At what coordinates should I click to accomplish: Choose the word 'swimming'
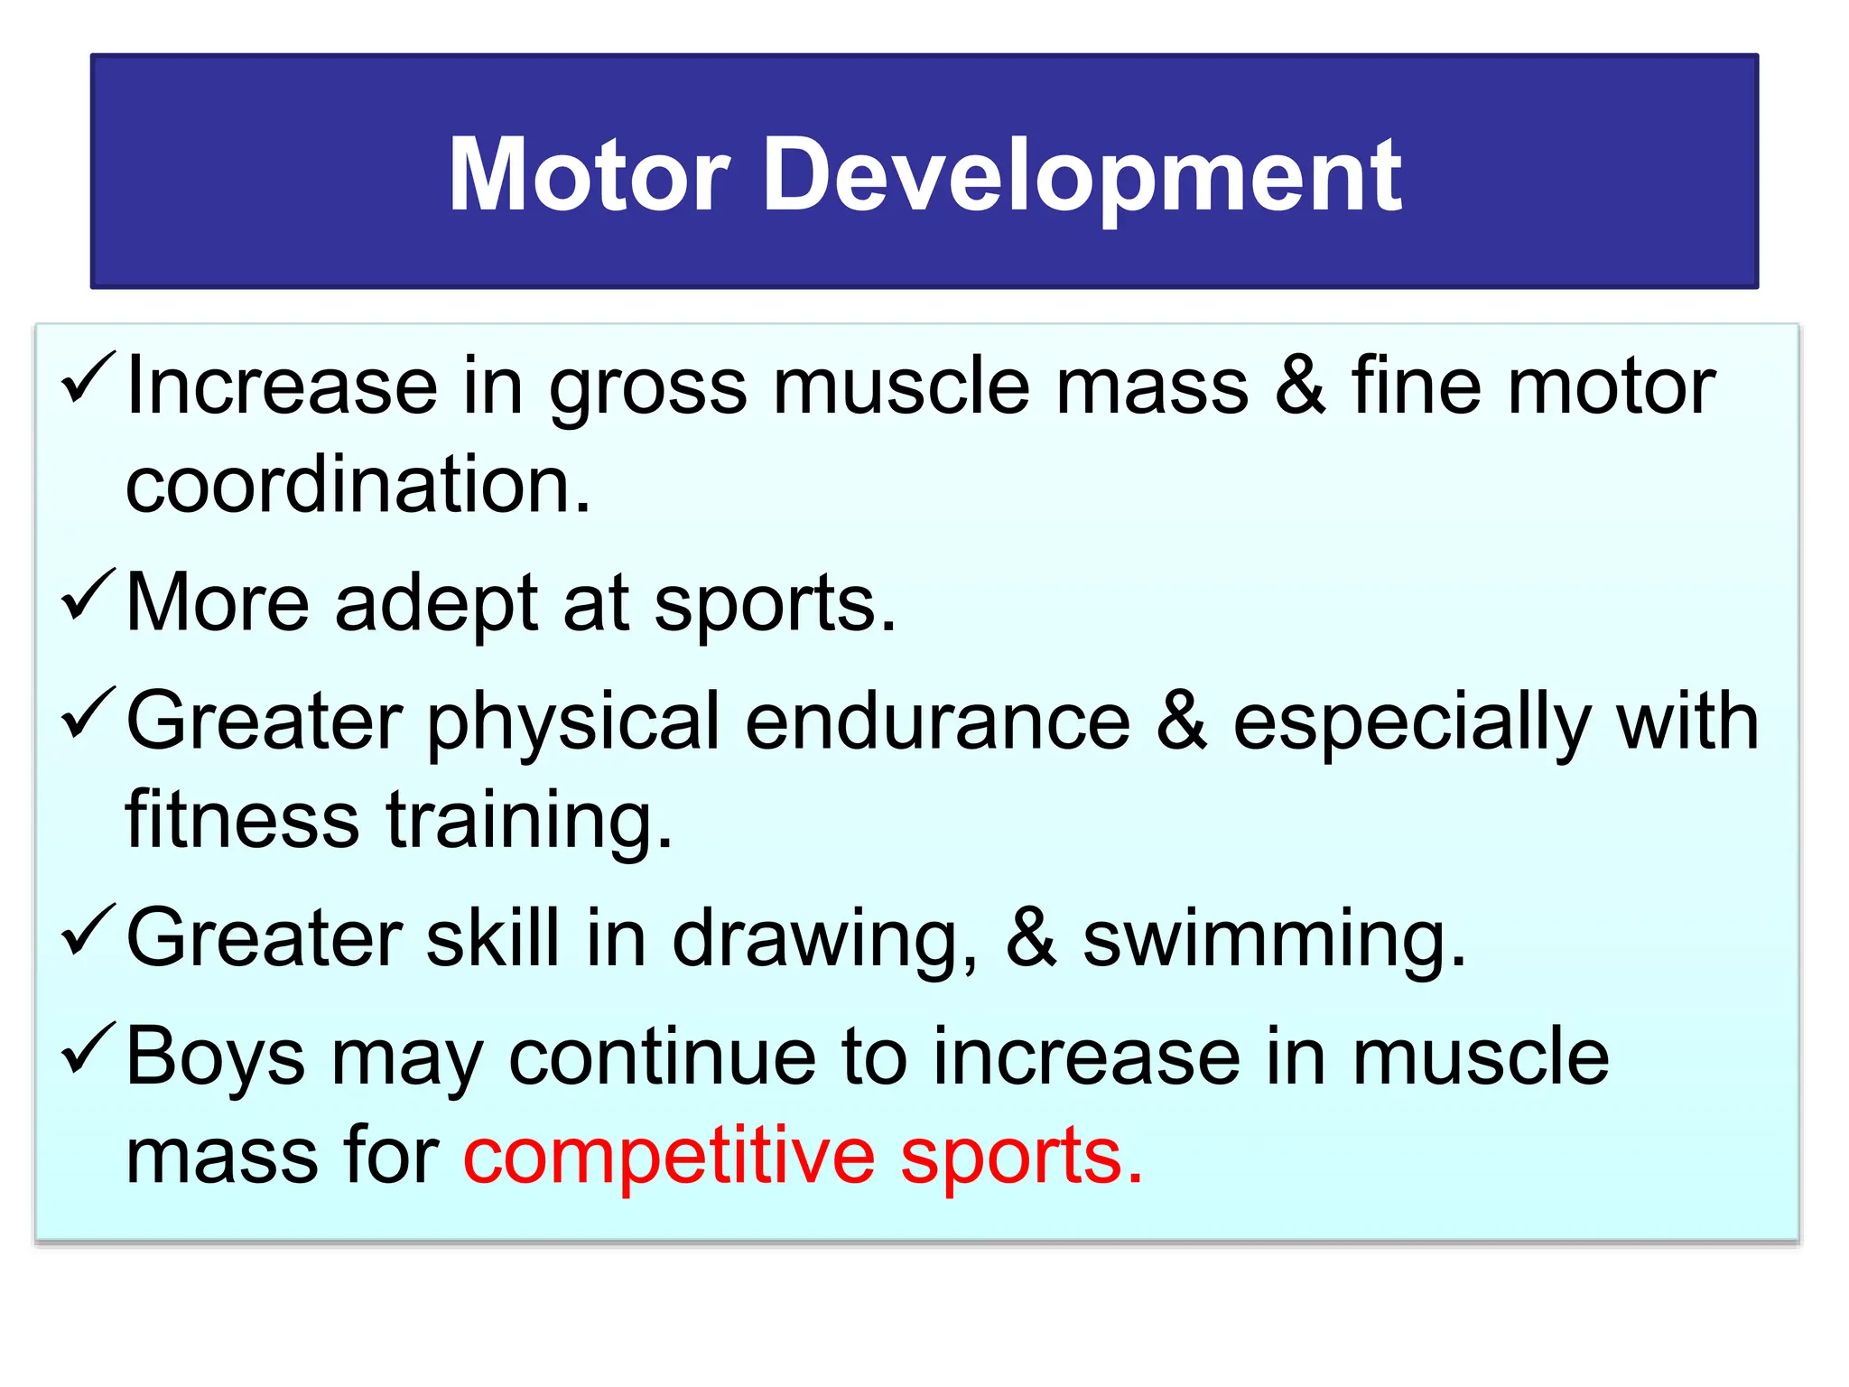coord(1264,939)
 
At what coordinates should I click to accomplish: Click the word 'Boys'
coord(216,1057)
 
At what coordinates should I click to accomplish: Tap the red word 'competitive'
coord(669,1158)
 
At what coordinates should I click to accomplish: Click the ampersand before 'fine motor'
coord(1300,386)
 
